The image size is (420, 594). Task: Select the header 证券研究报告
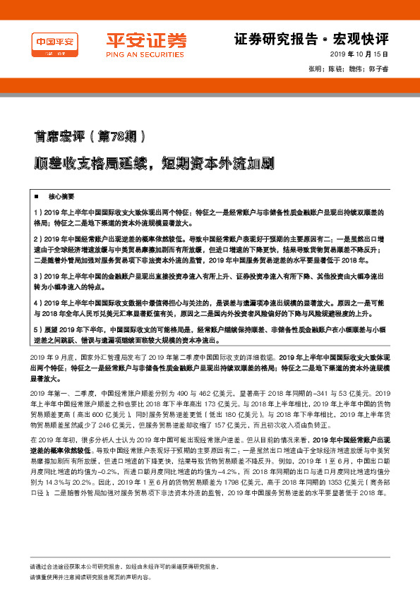(268, 37)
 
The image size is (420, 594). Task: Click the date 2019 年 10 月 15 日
(361, 55)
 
